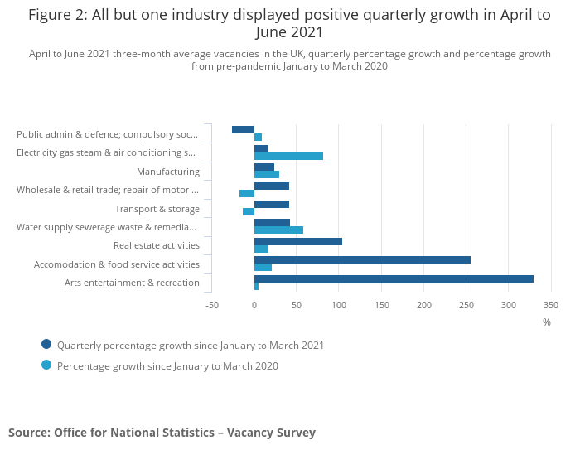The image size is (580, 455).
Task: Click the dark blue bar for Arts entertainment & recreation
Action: (394, 278)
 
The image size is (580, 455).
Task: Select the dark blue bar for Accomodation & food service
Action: (362, 259)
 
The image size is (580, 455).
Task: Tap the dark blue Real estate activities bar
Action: (298, 241)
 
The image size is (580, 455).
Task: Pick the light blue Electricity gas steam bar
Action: (288, 156)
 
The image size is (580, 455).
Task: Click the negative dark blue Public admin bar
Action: (243, 129)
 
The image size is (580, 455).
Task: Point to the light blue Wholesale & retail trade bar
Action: (247, 193)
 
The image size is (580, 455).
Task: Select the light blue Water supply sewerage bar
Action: (278, 230)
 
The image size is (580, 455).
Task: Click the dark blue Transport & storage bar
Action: (272, 204)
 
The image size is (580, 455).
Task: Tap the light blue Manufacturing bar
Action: (267, 174)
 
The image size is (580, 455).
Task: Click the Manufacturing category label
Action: (168, 172)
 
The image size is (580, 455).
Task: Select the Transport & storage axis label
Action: (157, 209)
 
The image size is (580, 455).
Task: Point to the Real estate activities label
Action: (157, 245)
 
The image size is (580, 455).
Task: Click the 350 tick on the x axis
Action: (551, 305)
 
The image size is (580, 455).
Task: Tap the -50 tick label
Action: (212, 305)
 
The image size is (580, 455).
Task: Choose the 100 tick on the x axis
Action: (339, 305)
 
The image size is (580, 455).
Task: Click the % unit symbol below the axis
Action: (547, 322)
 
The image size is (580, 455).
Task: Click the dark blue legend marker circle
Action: (46, 345)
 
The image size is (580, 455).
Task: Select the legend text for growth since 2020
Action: (167, 365)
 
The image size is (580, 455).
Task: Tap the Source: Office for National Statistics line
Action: (162, 433)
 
